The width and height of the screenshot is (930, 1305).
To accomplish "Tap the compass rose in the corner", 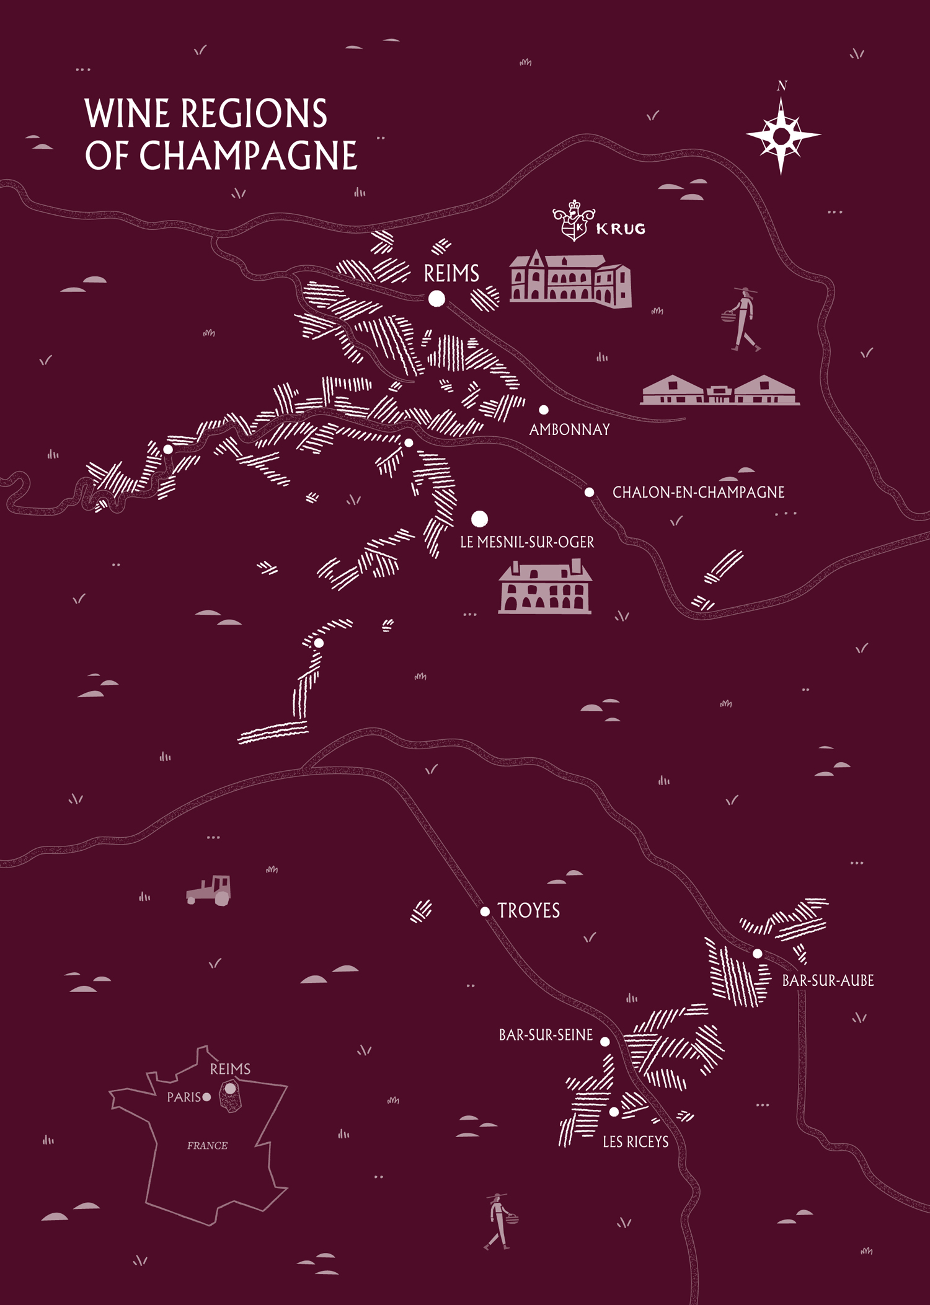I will tap(781, 135).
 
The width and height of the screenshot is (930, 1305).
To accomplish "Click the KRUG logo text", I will tap(621, 229).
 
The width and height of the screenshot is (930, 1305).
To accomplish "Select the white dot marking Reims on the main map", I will tap(436, 299).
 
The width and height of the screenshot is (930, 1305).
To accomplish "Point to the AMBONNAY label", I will tap(569, 429).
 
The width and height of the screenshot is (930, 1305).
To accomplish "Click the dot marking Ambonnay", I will tap(544, 410).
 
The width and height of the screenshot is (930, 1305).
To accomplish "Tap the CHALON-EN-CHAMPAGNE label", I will tap(698, 493).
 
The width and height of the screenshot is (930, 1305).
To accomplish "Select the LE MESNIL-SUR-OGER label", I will tap(527, 542).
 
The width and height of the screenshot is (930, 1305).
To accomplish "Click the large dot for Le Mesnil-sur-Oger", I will tap(479, 519).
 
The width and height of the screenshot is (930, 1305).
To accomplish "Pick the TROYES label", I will tap(529, 910).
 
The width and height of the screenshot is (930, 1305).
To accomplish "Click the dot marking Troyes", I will tap(485, 911).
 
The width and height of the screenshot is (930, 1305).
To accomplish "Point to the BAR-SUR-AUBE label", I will tap(828, 980).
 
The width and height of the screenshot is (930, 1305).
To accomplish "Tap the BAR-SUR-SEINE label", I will tap(546, 1035).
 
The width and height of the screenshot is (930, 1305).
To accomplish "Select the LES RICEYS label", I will tap(635, 1141).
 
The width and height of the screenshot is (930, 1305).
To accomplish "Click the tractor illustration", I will tap(210, 890).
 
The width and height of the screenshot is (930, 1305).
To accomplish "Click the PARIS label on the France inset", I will tap(184, 1097).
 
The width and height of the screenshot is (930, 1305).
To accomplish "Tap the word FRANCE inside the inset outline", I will tap(207, 1146).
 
